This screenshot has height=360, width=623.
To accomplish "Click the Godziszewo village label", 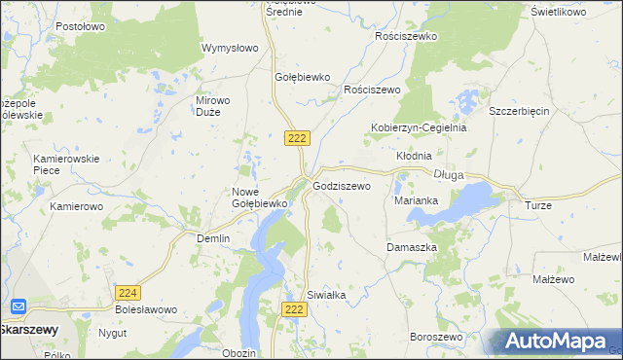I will click(x=342, y=185).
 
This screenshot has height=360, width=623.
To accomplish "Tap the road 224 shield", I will click(x=128, y=292).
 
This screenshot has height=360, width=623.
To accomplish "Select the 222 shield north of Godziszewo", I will click(x=298, y=138).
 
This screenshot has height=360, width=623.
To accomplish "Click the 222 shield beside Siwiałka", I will click(x=296, y=308).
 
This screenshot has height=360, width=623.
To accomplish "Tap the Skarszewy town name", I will click(x=28, y=329).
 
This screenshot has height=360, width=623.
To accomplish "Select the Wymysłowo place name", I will click(x=230, y=48).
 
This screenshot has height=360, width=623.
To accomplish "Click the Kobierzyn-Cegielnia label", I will click(x=419, y=127).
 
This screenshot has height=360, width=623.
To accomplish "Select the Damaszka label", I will click(x=412, y=247).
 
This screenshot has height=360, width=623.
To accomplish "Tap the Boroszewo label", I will click(x=435, y=337).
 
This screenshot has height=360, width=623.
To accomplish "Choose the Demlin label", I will click(x=213, y=238).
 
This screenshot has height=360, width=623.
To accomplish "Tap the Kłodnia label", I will click(x=414, y=156).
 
